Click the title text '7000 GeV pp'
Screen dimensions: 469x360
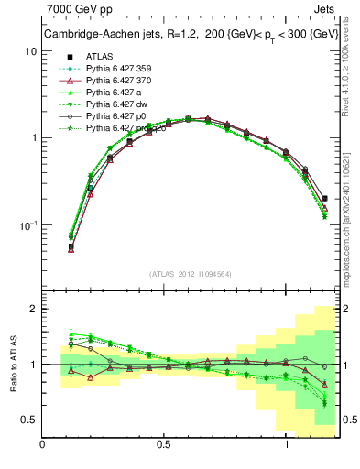click(75, 10)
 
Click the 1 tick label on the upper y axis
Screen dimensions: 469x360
click(33, 138)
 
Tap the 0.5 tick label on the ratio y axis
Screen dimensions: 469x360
click(28, 420)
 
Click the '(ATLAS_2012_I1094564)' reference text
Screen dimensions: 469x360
click(191, 274)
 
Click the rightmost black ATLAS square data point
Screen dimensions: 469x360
click(325, 198)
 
